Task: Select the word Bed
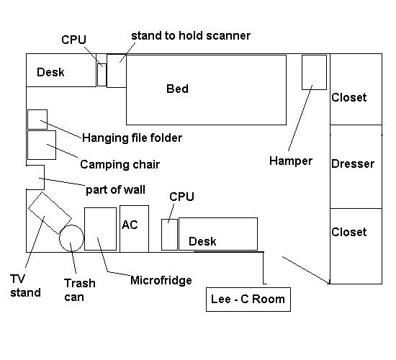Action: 177,89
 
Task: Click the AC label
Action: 130,225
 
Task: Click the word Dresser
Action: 353,163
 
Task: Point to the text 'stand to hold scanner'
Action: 191,35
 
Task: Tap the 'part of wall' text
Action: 115,190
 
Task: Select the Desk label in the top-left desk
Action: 50,72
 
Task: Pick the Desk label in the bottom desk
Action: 202,241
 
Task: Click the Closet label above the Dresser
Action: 348,97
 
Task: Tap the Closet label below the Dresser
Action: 348,232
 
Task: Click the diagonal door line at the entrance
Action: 306,270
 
